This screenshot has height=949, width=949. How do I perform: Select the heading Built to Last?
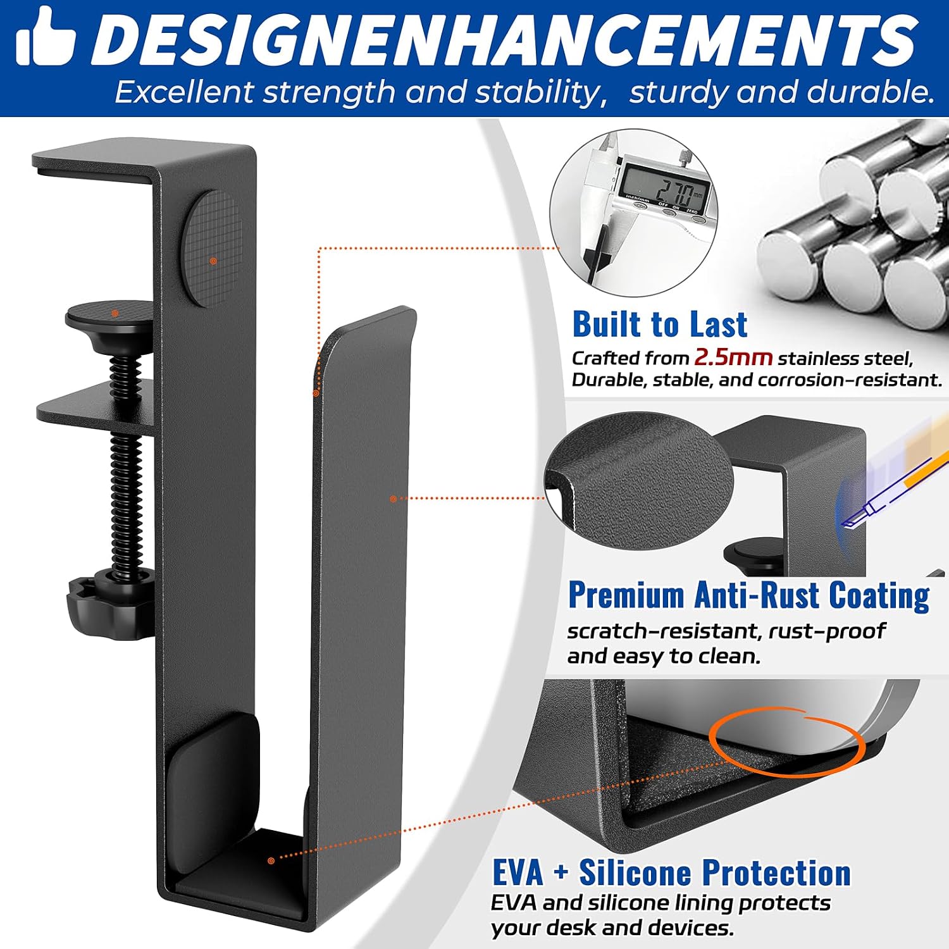click(659, 325)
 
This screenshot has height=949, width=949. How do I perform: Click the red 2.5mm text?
click(733, 357)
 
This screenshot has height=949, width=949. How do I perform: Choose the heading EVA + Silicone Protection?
click(671, 873)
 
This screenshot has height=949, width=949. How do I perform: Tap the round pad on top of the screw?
click(110, 314)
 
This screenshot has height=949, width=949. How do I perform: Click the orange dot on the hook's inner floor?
click(271, 860)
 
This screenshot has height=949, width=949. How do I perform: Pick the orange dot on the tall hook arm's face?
click(393, 499)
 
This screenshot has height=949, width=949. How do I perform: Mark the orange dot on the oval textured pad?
click(213, 260)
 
